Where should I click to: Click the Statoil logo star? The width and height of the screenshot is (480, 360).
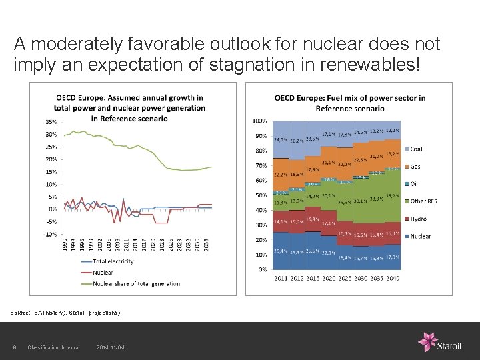427,341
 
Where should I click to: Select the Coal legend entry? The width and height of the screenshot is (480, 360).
415,149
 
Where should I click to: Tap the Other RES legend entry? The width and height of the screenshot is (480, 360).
424,201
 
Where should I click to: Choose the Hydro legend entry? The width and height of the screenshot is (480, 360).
418,219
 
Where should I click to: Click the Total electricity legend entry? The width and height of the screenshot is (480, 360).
113,261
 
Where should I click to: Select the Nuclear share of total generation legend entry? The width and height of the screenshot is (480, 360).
136,283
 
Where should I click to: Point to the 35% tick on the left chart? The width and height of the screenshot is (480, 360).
51,122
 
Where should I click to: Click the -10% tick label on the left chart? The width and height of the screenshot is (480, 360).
51,234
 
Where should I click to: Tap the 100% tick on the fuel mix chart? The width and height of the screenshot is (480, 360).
260,121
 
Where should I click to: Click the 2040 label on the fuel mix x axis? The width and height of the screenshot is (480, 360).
393,278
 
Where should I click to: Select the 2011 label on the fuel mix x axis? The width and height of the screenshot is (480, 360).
281,278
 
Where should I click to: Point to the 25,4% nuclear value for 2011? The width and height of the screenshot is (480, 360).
281,251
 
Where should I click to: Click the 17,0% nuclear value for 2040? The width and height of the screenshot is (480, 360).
393,257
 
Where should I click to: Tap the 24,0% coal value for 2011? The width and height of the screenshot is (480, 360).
281,140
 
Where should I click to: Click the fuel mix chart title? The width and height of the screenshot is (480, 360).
349,103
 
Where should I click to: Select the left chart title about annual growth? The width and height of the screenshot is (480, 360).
129,107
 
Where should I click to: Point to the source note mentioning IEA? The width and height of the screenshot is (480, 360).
65,312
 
